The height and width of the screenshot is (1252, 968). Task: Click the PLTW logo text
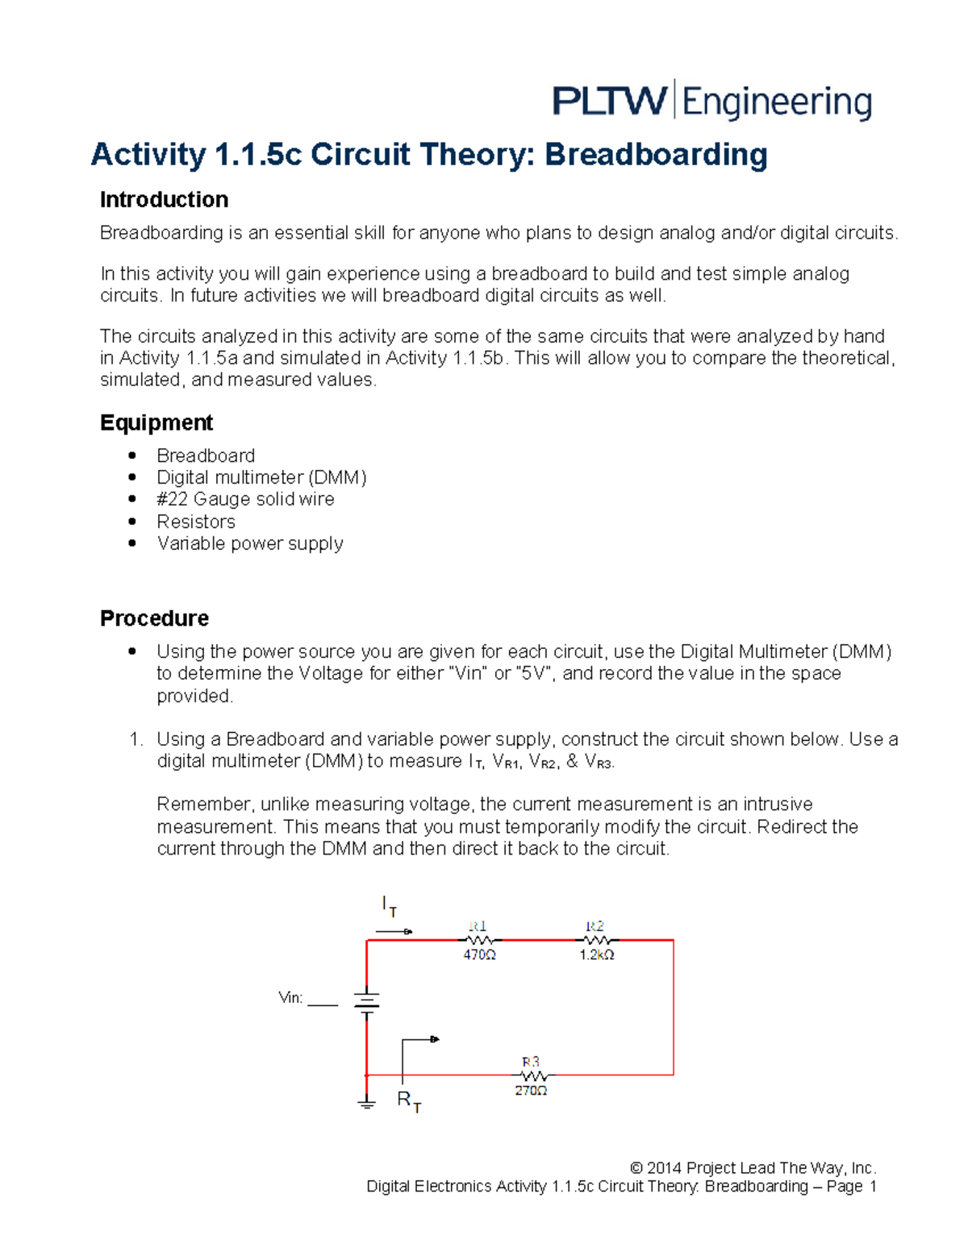(x=609, y=102)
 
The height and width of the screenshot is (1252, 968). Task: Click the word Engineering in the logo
(x=777, y=103)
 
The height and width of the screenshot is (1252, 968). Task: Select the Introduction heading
(x=164, y=199)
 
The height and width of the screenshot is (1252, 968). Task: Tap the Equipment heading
(x=156, y=422)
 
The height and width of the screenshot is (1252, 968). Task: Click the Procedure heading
(x=154, y=618)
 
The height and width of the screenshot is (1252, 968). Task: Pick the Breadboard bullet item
(x=206, y=455)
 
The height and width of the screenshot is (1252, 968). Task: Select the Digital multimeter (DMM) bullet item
(x=261, y=477)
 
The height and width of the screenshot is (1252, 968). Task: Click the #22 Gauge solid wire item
(x=245, y=499)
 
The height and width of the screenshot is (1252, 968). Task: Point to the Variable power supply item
(x=250, y=543)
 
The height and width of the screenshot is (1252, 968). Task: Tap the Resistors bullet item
(x=196, y=522)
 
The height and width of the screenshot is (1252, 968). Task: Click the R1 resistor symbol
(x=479, y=939)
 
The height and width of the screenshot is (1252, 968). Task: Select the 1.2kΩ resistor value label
(x=597, y=955)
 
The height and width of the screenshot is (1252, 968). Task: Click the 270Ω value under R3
(x=531, y=1091)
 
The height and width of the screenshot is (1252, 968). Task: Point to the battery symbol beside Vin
(x=366, y=1001)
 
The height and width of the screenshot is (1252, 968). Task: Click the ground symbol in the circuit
(x=366, y=1103)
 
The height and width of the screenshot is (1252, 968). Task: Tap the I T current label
(x=389, y=906)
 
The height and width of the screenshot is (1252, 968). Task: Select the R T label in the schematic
(x=409, y=1100)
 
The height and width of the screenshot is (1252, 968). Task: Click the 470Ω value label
(x=479, y=955)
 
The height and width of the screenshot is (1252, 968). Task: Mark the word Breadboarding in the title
(x=656, y=154)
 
